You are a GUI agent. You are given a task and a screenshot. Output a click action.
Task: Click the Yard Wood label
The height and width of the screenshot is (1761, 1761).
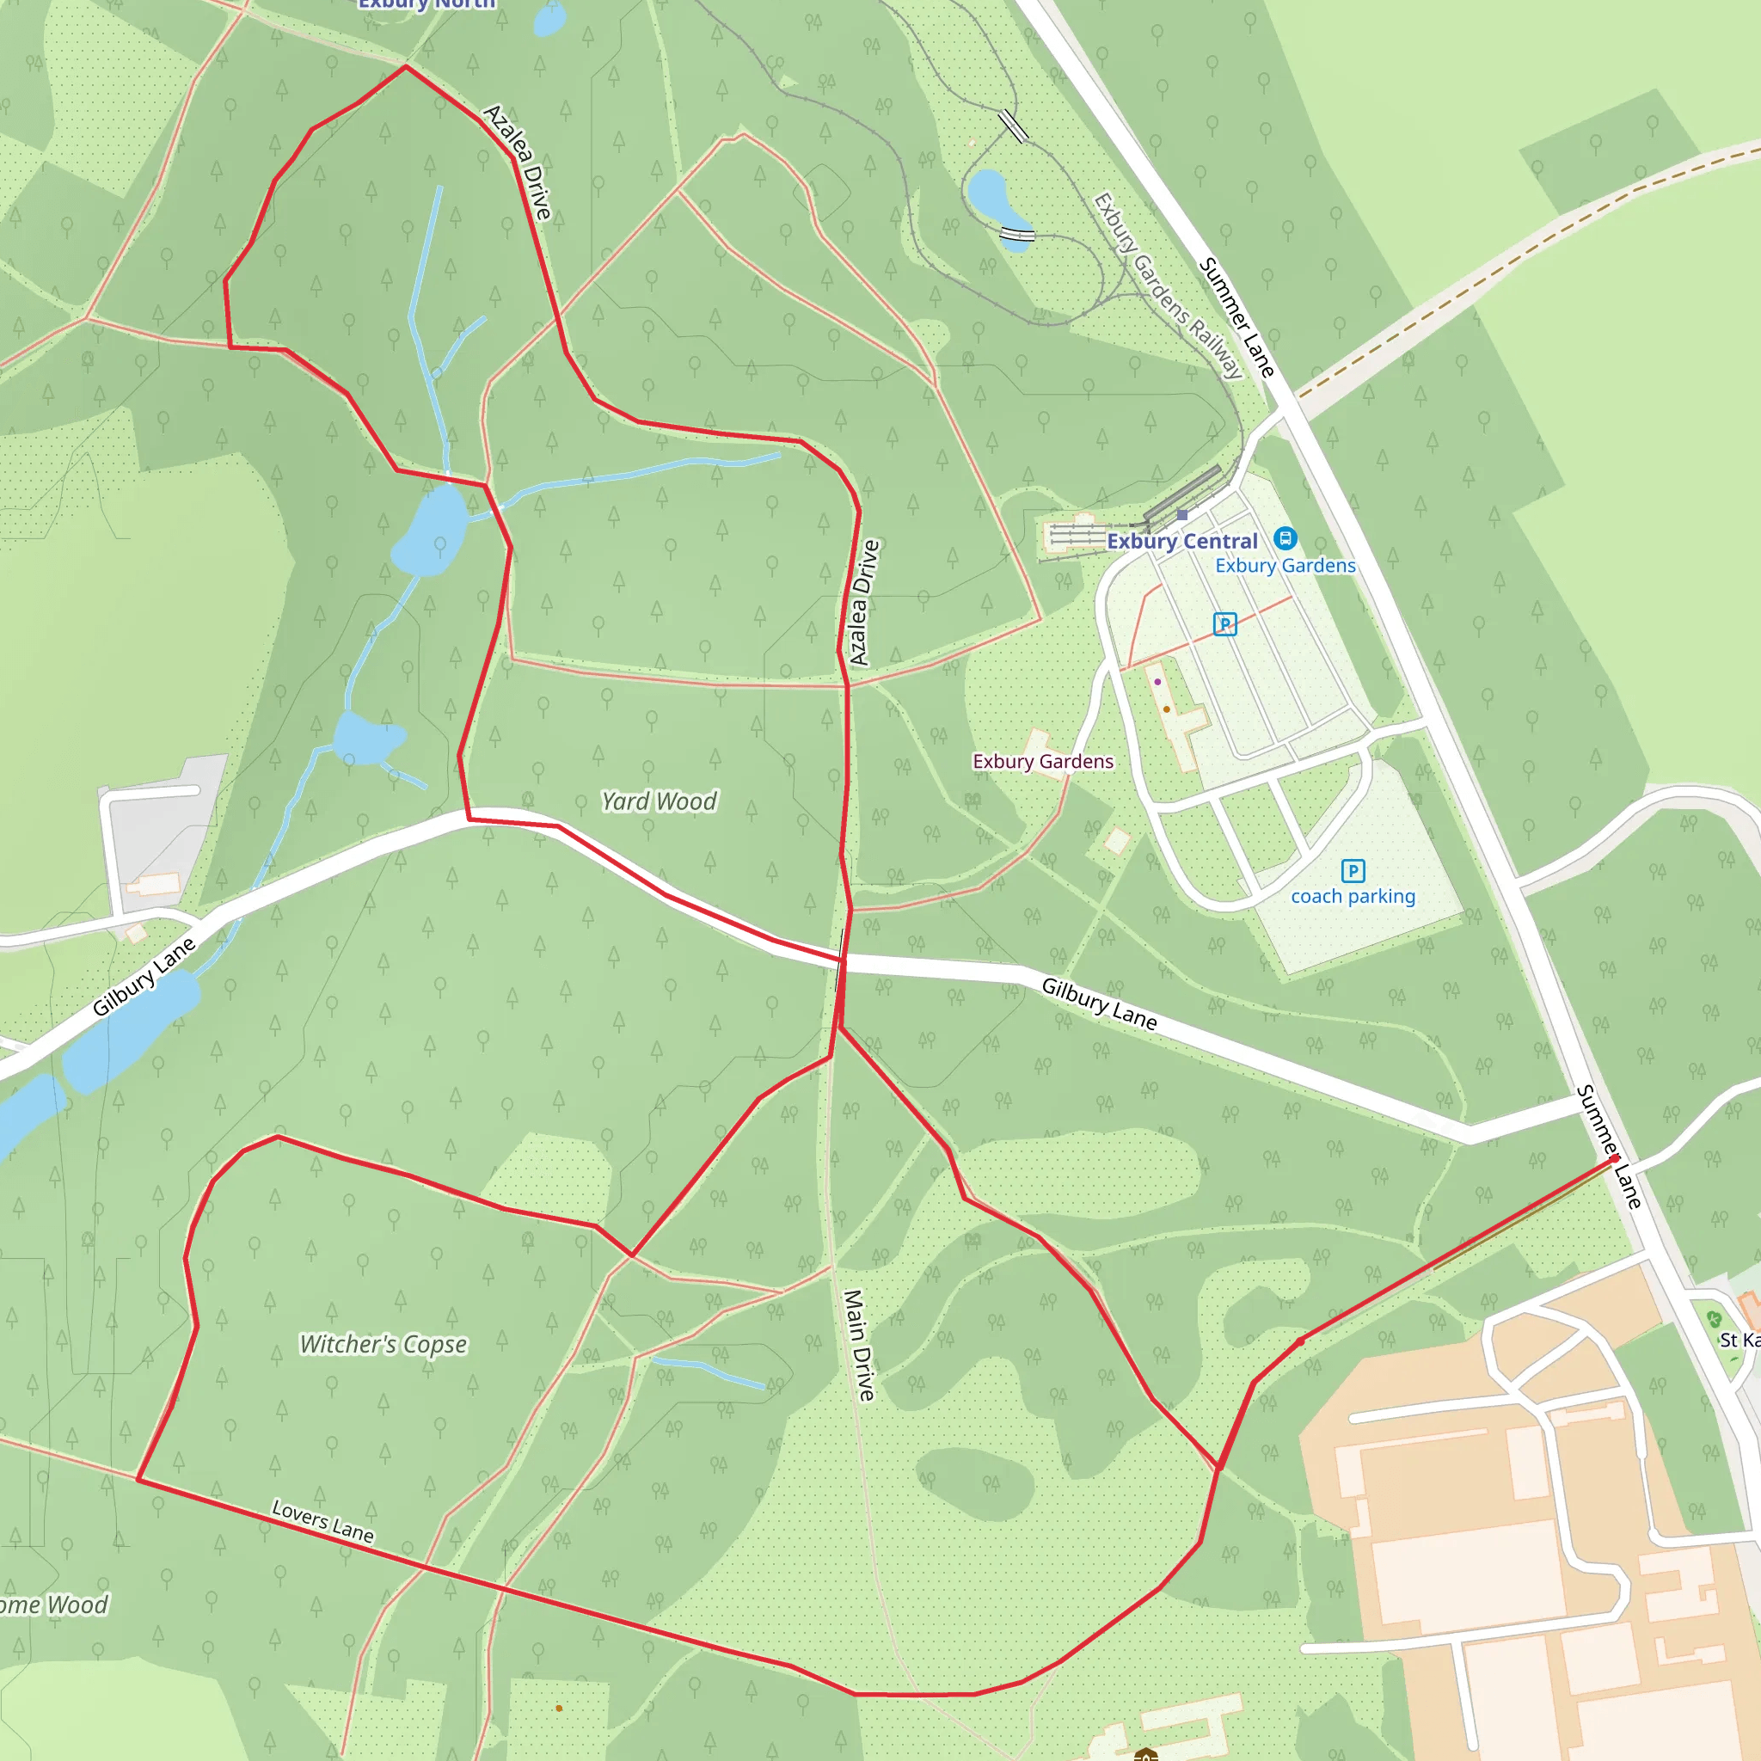659,801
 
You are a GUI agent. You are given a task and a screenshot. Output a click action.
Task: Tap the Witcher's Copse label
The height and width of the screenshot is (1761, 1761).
383,1345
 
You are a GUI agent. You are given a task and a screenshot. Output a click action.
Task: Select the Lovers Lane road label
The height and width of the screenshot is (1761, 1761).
322,1521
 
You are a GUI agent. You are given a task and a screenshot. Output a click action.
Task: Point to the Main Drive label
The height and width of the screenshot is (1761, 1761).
859,1345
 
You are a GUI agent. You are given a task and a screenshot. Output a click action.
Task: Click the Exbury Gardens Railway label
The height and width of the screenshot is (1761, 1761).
1168,285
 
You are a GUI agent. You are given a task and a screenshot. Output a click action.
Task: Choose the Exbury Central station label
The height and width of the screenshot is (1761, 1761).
1182,542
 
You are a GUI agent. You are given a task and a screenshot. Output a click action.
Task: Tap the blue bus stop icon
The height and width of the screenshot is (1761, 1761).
1285,537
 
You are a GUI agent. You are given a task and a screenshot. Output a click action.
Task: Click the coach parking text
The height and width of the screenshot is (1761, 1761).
1353,897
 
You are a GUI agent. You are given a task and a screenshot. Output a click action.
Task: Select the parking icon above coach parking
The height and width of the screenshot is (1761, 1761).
1353,871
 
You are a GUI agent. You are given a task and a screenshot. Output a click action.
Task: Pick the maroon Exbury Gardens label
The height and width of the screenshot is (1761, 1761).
1043,762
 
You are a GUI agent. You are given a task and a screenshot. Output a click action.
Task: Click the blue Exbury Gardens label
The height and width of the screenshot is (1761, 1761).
1285,566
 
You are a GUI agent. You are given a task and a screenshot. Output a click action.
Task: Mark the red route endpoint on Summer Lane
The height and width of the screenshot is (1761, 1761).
1614,1158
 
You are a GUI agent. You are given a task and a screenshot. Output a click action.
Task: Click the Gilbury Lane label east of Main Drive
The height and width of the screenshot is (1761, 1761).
1099,1004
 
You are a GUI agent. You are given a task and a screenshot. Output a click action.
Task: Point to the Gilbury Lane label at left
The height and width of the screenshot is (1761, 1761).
144,976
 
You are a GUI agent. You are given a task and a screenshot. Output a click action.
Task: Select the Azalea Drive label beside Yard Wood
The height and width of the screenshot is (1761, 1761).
864,603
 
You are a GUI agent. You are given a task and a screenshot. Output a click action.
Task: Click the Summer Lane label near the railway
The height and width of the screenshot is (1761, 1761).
1236,317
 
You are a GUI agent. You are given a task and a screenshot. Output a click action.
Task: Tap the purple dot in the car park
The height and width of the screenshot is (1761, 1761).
1157,682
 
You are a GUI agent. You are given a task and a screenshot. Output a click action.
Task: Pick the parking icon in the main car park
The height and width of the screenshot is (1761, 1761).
1225,624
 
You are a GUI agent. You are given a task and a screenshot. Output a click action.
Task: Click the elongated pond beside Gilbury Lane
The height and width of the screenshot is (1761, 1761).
131,1032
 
